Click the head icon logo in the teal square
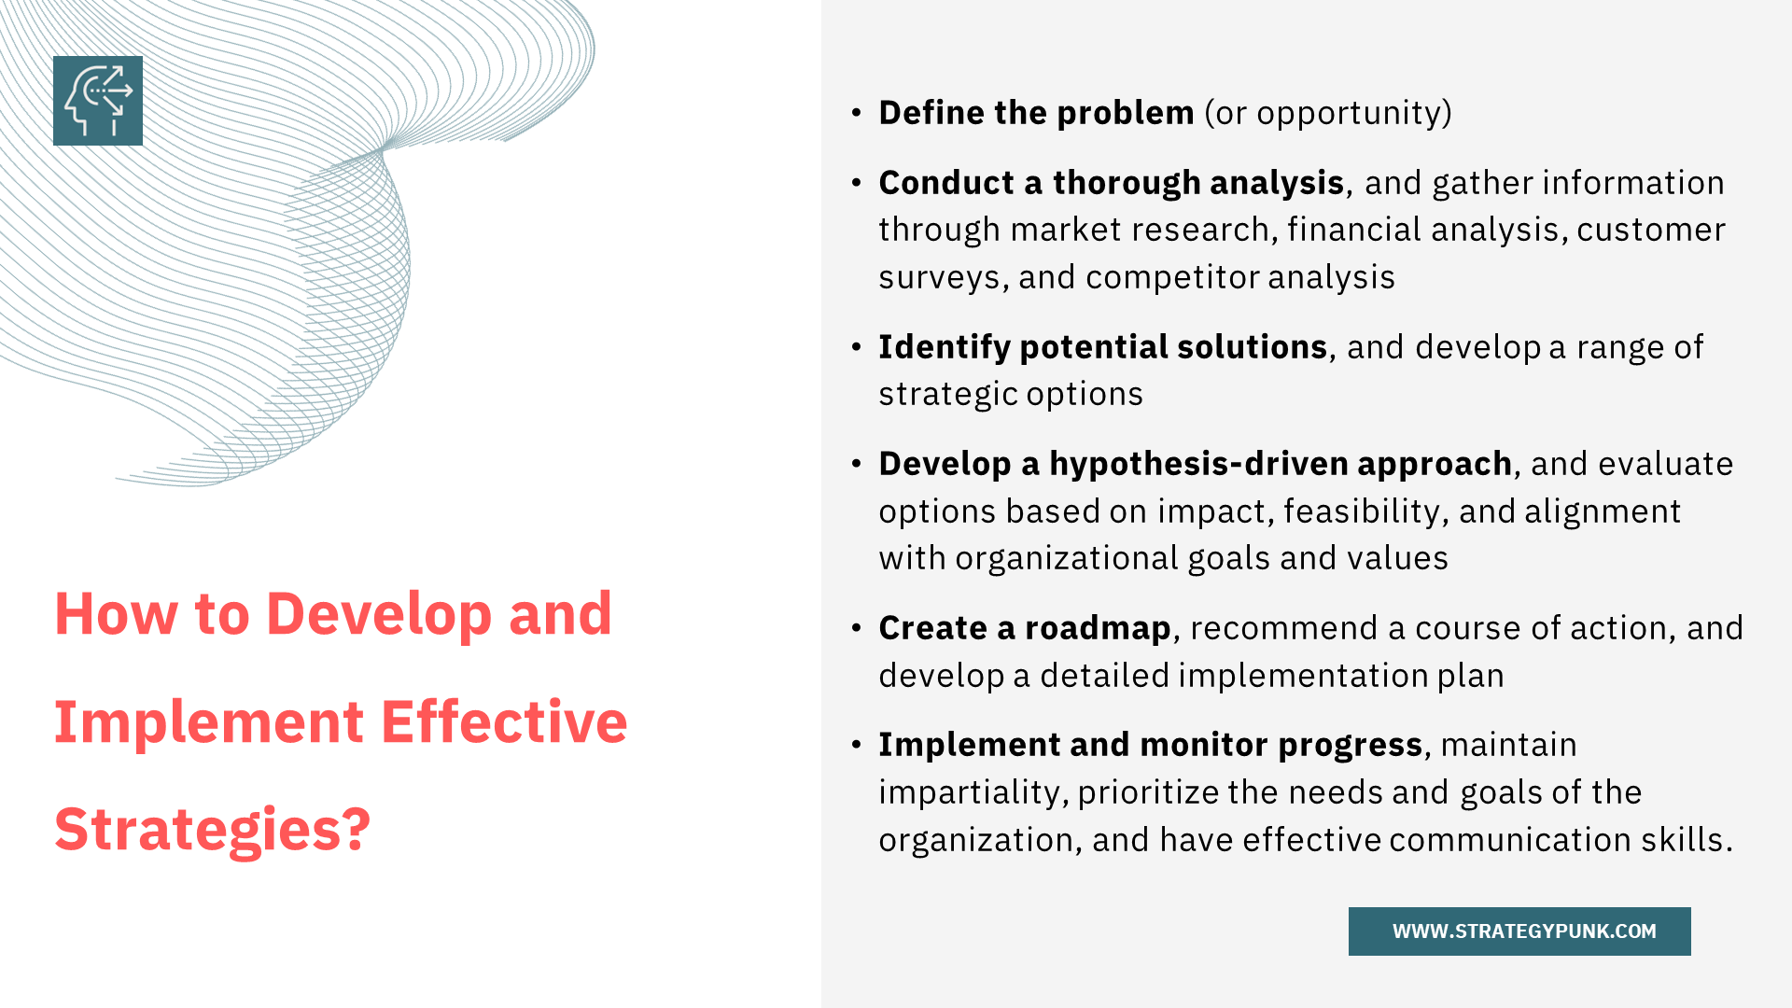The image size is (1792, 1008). tap(98, 101)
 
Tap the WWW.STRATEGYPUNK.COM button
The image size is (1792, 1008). tap(1519, 931)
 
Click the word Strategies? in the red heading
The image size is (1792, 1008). tap(213, 829)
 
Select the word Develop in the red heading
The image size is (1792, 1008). tap(379, 614)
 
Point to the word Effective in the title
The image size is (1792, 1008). tap(504, 721)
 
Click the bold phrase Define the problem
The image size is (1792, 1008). tap(1036, 113)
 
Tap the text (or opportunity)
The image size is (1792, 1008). tap(1328, 114)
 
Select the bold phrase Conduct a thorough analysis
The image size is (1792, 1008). tap(1111, 184)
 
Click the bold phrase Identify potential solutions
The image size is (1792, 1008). tap(1102, 348)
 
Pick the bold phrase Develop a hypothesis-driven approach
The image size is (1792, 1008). tap(1195, 465)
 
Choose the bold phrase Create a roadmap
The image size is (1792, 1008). tap(1024, 629)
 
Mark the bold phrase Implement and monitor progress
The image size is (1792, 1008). tap(1150, 746)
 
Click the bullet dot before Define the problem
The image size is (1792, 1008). tap(857, 113)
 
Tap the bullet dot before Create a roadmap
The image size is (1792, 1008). tap(857, 628)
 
